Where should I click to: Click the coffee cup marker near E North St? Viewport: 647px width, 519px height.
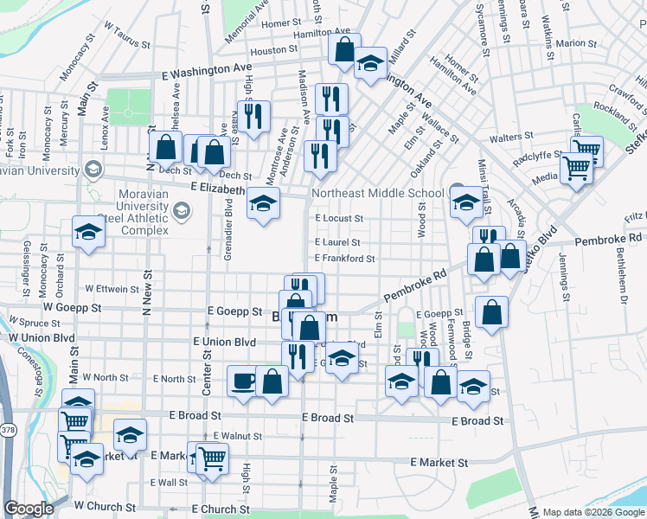click(x=243, y=381)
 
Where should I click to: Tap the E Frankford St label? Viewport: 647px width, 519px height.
click(x=344, y=258)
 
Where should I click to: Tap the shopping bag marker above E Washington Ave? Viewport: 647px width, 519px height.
click(x=343, y=49)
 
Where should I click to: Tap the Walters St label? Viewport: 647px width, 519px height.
click(x=510, y=138)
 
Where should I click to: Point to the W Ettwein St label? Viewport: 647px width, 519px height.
click(x=112, y=288)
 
